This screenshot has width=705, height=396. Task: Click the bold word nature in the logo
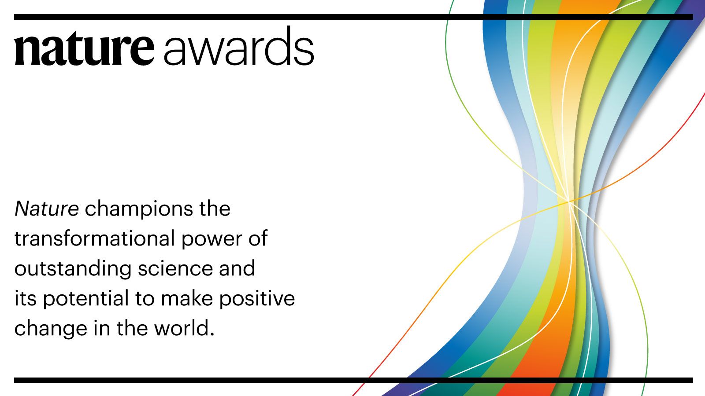tap(84, 50)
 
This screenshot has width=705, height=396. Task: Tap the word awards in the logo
tap(239, 46)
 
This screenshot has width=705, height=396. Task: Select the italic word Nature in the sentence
tap(47, 209)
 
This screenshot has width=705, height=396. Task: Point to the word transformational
tap(94, 238)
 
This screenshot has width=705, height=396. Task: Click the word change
tap(51, 329)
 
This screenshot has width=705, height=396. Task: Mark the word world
tap(181, 328)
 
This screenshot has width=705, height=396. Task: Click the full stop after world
tap(212, 335)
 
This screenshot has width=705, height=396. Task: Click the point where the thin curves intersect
tap(569, 201)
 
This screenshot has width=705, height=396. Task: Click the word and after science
tap(237, 268)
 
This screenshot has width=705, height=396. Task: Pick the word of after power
tap(258, 238)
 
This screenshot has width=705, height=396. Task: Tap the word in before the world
tap(102, 328)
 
